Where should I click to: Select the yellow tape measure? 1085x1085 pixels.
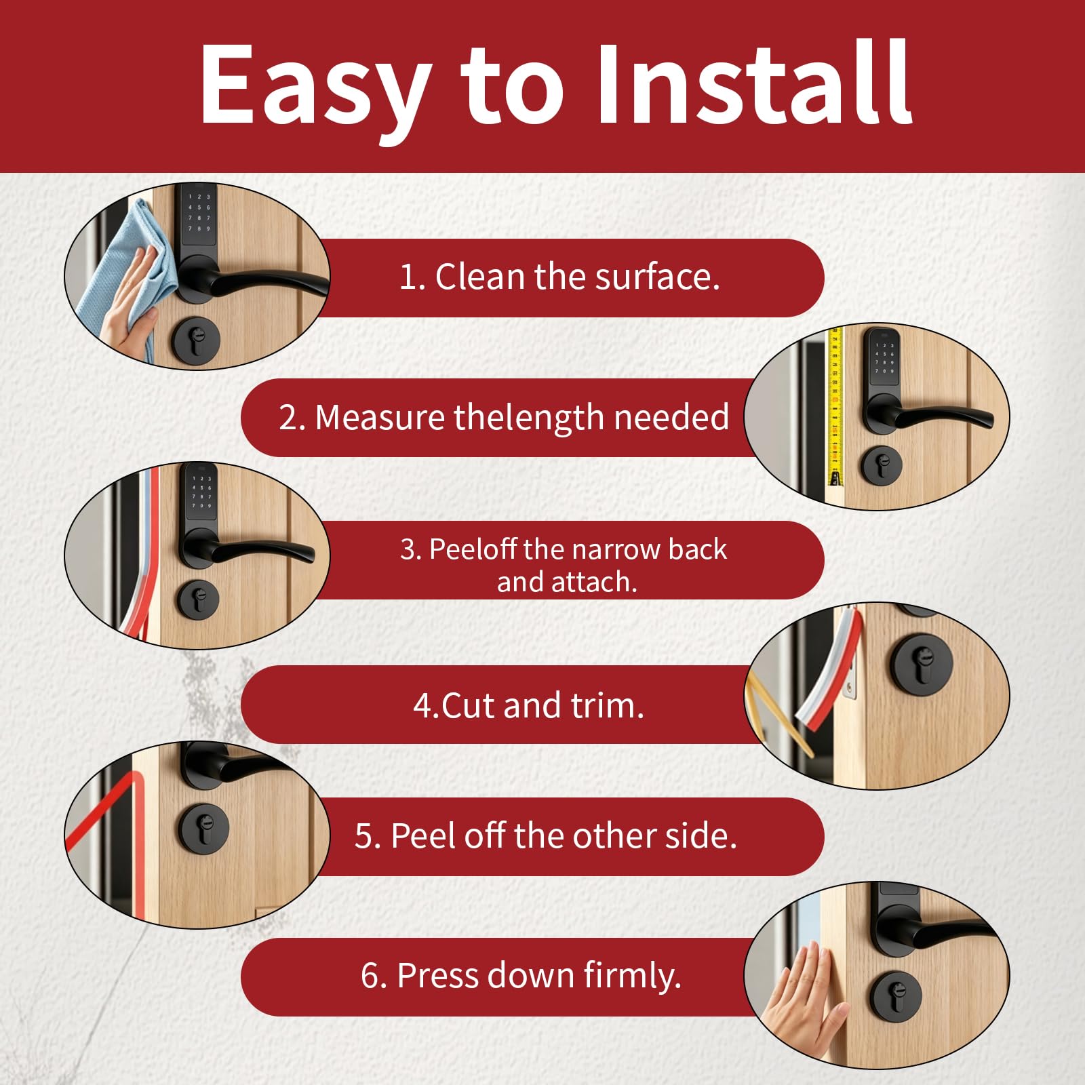(x=835, y=407)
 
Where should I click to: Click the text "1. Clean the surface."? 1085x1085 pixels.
(x=559, y=277)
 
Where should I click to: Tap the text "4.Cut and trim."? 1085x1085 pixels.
(x=529, y=705)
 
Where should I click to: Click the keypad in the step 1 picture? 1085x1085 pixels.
(x=199, y=214)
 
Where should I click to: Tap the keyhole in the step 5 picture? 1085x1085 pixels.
(x=203, y=828)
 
